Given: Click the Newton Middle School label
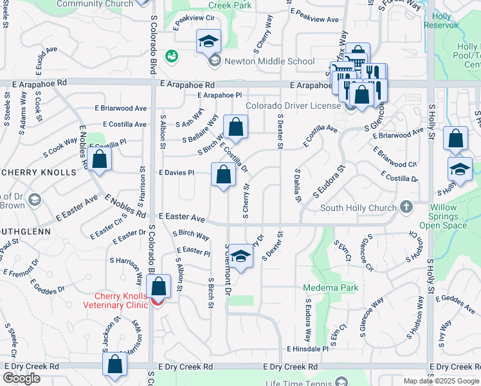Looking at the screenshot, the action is click(x=260, y=62).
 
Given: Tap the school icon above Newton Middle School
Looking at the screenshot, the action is click(x=208, y=42).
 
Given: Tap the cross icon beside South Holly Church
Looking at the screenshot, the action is click(x=406, y=207).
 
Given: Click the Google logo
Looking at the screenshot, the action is click(x=21, y=378).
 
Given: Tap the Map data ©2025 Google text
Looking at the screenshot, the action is click(x=440, y=381).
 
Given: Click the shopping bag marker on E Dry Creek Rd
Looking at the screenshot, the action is click(x=115, y=365).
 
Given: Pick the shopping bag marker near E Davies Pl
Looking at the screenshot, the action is click(x=222, y=175).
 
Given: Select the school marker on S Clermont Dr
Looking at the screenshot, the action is click(x=240, y=257).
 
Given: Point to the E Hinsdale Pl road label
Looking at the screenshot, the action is click(x=307, y=348).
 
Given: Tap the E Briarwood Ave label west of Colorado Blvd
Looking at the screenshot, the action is click(x=122, y=109).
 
